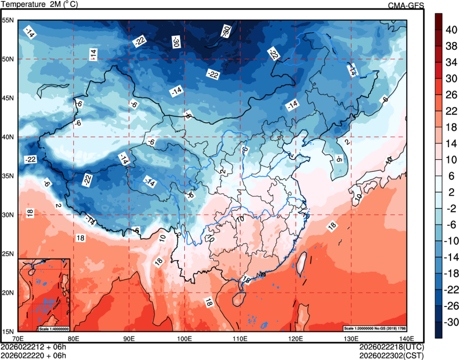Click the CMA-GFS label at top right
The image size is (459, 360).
(x=406, y=5)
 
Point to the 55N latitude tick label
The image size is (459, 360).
(x=8, y=20)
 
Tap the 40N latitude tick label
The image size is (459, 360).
(x=8, y=137)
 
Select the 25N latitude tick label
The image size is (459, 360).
(x=8, y=254)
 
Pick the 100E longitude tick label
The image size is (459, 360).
(x=184, y=339)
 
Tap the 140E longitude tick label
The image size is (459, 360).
(x=406, y=339)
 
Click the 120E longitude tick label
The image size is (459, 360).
(x=295, y=339)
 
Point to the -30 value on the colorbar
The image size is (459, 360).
(x=450, y=322)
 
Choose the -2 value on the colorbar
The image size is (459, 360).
(x=450, y=209)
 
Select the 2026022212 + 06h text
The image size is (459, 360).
(x=34, y=347)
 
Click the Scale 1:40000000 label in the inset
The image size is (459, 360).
(x=53, y=328)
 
